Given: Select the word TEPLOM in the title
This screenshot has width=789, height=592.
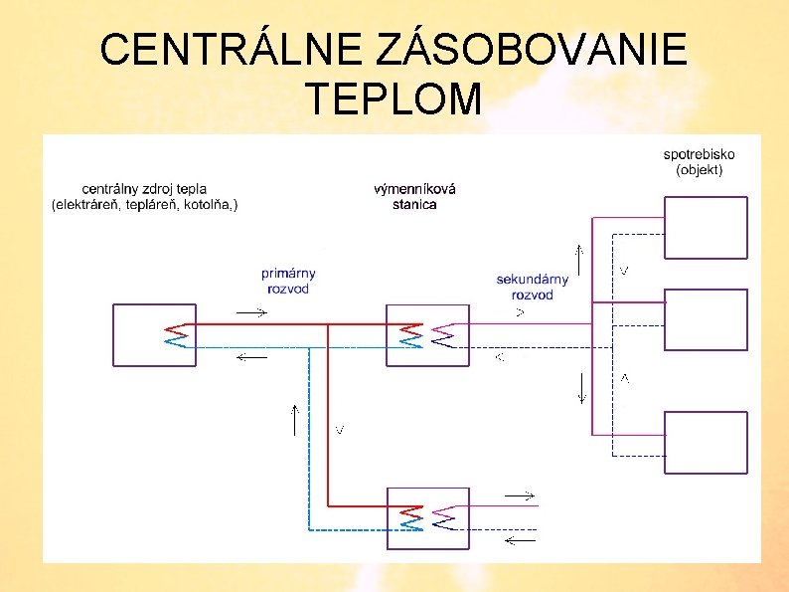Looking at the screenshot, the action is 394,99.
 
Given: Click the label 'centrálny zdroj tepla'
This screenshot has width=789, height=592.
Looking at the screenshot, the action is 145,188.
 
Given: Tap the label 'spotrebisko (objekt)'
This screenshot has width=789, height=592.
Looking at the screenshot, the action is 699,162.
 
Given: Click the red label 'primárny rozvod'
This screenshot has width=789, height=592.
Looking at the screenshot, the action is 288,281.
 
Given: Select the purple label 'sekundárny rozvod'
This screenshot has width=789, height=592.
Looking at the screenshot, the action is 533,287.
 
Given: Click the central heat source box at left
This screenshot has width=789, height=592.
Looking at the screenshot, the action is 148,334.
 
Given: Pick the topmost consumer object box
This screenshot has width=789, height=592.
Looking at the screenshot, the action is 705,228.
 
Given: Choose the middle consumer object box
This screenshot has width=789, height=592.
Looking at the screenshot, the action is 705,319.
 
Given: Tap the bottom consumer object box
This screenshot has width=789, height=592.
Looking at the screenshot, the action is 705,443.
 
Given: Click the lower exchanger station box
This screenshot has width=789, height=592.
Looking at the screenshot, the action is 427,518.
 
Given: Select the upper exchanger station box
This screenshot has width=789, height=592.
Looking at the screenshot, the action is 427,335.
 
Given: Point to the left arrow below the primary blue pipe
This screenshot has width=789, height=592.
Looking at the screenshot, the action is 252,358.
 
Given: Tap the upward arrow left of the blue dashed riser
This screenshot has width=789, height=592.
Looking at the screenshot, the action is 295,420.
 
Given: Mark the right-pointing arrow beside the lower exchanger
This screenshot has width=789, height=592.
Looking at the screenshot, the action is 519,494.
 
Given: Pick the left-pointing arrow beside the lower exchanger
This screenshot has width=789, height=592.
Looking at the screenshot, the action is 519,540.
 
